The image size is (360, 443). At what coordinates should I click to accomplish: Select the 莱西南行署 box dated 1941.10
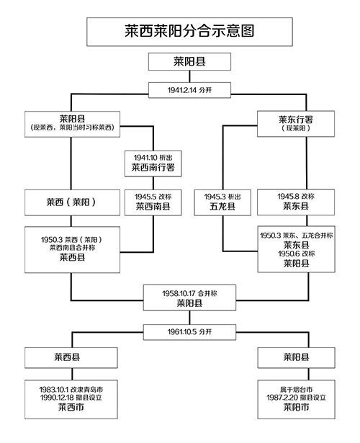point(153,163)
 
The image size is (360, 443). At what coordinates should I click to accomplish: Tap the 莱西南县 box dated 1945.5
point(153,202)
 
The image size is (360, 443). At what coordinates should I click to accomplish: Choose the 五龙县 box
point(221,202)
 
